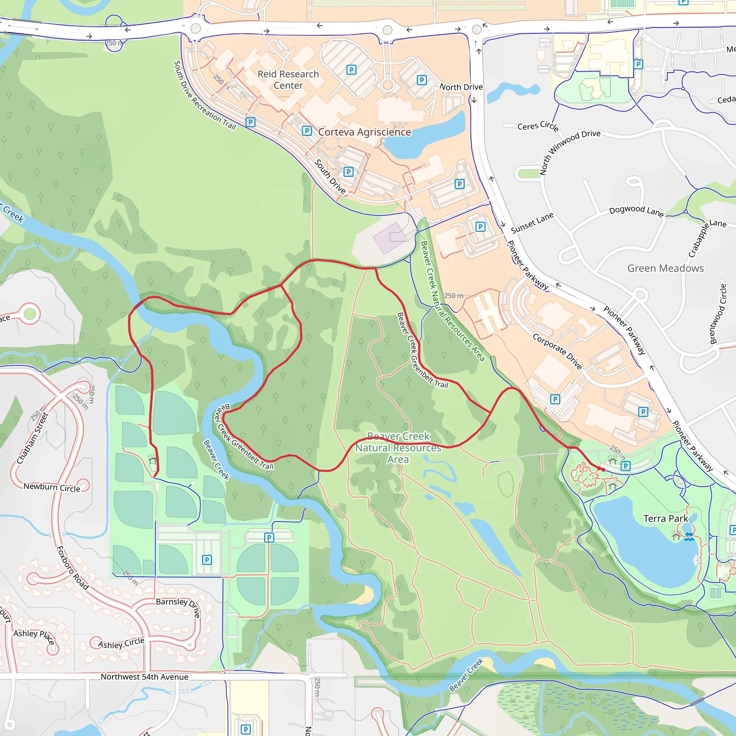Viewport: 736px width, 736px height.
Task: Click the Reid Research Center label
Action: tap(288, 80)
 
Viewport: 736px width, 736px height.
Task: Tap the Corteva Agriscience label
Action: tap(364, 132)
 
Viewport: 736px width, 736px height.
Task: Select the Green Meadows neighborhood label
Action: tap(665, 268)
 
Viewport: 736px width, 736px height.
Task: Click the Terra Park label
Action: tap(666, 519)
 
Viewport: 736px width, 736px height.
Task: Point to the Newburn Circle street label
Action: tap(52, 487)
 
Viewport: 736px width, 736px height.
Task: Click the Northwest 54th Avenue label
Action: tap(144, 677)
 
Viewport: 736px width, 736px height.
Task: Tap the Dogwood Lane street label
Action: tap(636, 211)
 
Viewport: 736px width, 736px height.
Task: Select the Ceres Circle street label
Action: tap(538, 125)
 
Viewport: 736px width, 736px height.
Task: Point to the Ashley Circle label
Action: tap(121, 643)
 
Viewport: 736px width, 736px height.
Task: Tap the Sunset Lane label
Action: tap(532, 223)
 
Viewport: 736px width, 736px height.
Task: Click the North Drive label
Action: tap(461, 87)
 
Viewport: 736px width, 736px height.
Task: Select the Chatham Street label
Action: tap(32, 438)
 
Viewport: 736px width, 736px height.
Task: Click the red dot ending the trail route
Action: tap(603, 470)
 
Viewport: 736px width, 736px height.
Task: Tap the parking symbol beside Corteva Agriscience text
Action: tap(307, 131)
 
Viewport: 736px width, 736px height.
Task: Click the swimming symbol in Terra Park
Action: tap(689, 537)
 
